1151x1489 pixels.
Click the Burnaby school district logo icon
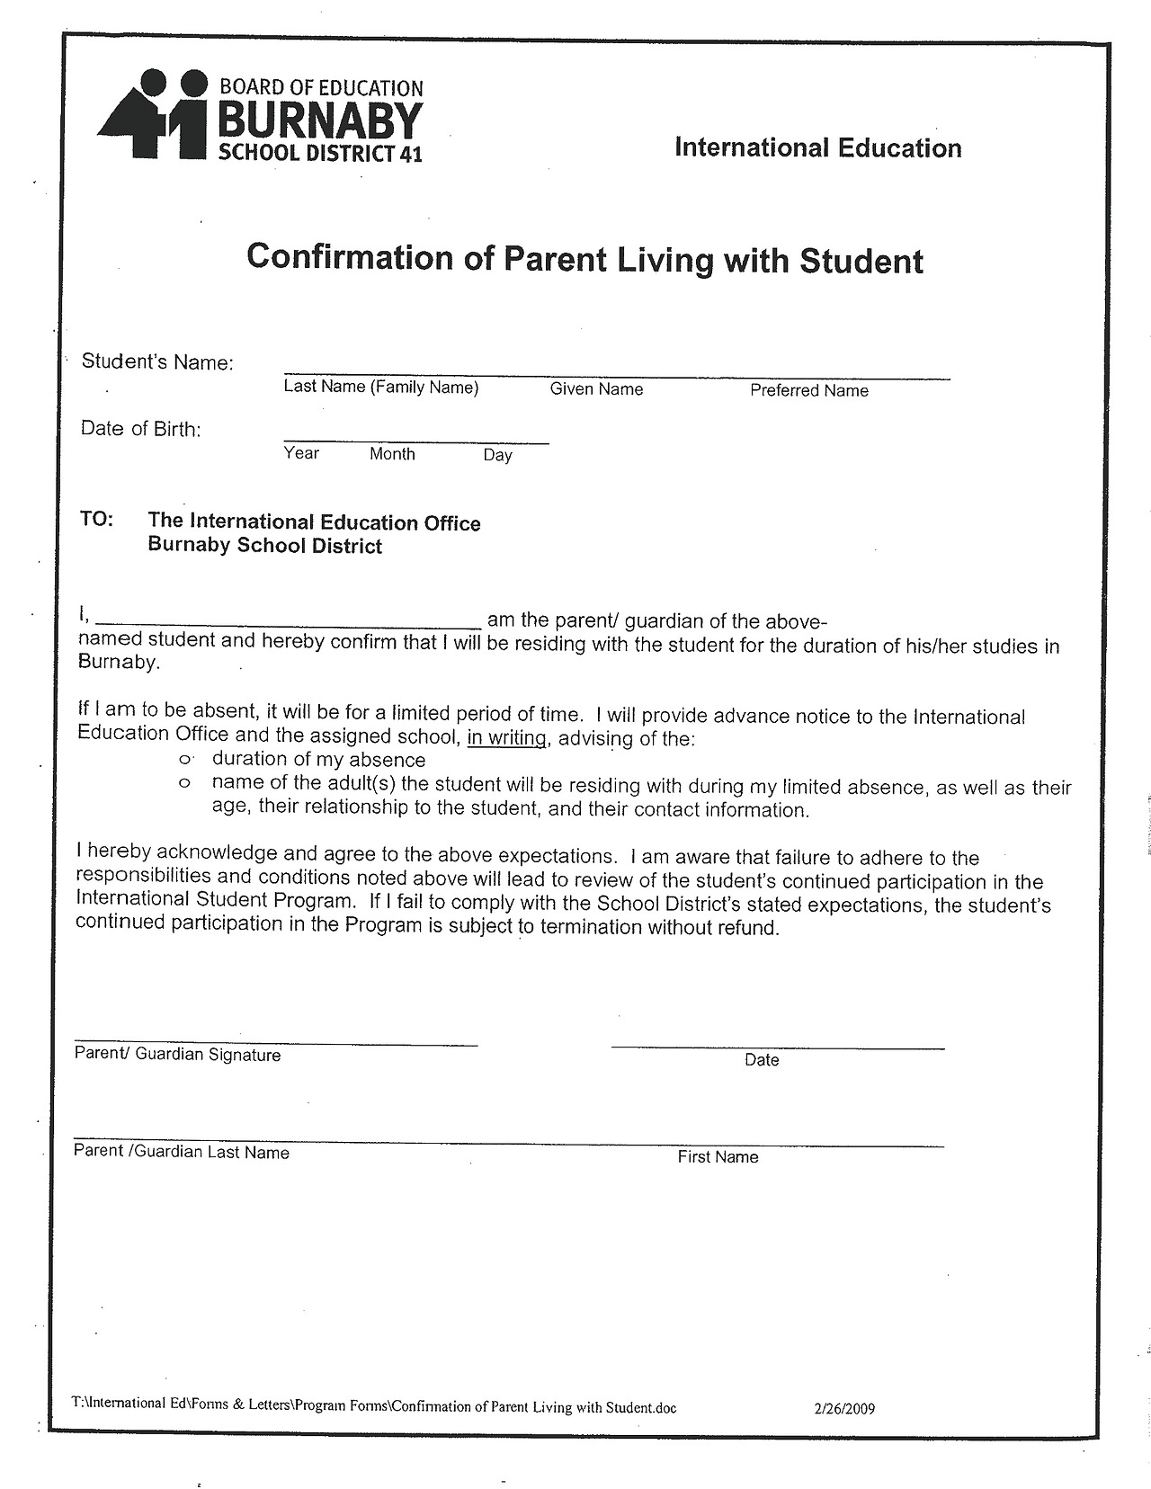point(153,116)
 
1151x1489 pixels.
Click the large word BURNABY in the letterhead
point(321,120)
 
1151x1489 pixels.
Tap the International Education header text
point(817,147)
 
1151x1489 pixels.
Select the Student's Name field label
point(157,362)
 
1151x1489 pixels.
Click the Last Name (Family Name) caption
point(381,388)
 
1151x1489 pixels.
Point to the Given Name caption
point(596,389)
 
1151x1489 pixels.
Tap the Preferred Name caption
point(808,391)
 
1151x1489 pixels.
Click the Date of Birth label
point(141,429)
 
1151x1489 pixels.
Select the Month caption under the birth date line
point(392,454)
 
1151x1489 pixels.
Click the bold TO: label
point(97,520)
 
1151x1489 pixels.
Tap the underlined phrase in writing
point(507,738)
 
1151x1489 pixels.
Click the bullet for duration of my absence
point(185,760)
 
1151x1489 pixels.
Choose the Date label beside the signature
point(762,1060)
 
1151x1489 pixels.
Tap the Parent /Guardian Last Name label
point(182,1152)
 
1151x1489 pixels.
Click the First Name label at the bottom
point(718,1157)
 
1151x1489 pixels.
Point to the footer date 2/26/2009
point(843,1409)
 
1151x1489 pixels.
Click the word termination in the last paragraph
point(591,927)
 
